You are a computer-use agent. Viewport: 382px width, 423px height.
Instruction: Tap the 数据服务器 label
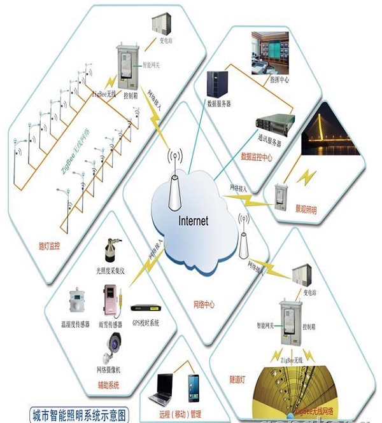[218, 102]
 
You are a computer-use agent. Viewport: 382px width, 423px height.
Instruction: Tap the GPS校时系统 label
[146, 323]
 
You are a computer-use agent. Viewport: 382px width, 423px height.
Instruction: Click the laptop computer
[163, 389]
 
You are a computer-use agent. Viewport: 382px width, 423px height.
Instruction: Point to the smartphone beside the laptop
[194, 386]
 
